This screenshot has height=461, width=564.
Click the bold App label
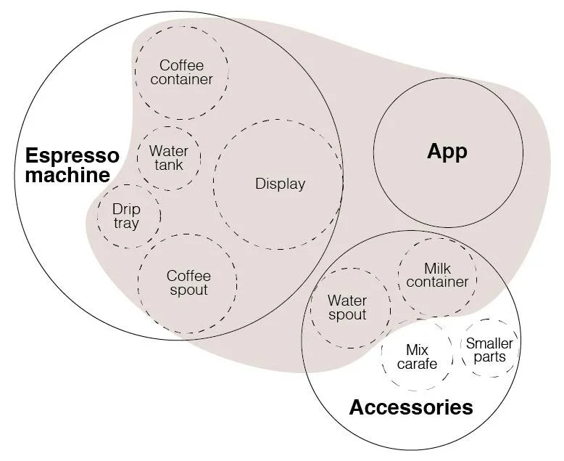(x=447, y=151)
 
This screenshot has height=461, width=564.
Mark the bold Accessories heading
(x=411, y=407)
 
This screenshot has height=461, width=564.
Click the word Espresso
(x=72, y=156)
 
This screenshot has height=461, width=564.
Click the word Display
(x=280, y=184)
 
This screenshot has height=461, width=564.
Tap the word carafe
(x=417, y=364)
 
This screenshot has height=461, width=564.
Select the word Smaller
(x=489, y=343)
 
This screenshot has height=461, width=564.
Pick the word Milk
(x=437, y=269)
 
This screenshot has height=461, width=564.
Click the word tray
(x=125, y=223)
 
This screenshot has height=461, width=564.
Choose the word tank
(x=168, y=165)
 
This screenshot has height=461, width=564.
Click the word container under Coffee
(x=181, y=79)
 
